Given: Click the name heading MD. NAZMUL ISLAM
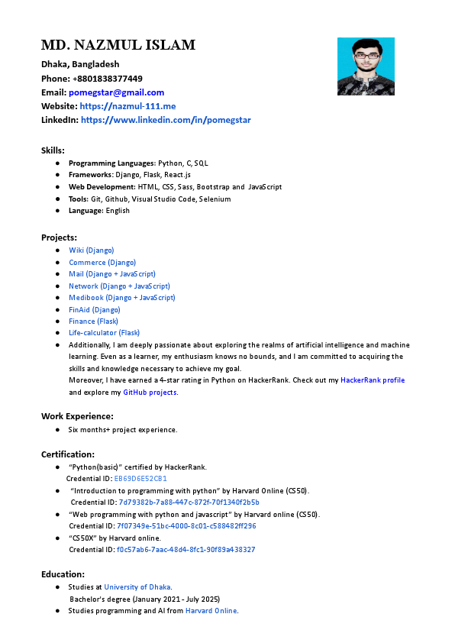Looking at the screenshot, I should [x=118, y=45].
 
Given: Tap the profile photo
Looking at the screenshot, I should [x=366, y=66].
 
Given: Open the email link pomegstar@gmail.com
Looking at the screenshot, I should [x=121, y=92].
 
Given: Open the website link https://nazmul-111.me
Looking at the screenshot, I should [x=127, y=106].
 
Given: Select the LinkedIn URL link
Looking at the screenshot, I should [x=166, y=120].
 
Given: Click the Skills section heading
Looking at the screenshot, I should [x=53, y=150].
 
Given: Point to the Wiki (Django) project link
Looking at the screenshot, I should [x=91, y=250].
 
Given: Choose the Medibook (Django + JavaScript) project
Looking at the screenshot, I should [x=121, y=298].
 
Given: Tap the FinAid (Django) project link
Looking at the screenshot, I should [x=94, y=310].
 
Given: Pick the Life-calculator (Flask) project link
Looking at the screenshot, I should [x=104, y=333].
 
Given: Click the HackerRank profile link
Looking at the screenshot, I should [x=373, y=380].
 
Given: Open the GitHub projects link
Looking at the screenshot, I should [x=150, y=393].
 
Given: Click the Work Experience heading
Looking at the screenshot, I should [x=77, y=416].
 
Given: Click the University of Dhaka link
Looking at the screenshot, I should [x=137, y=587].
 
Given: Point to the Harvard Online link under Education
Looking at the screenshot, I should [x=211, y=611].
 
